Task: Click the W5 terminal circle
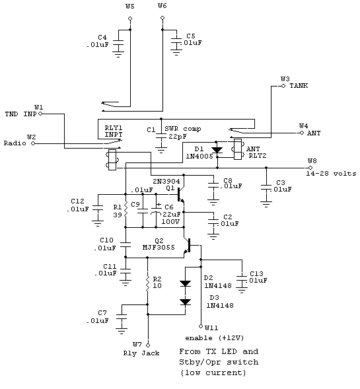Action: tap(129, 18)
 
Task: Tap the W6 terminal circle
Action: tap(162, 18)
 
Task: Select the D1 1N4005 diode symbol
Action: tap(217, 150)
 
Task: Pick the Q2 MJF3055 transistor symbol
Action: tap(188, 246)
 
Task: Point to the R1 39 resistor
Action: tap(126, 209)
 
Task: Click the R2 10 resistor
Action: tap(147, 283)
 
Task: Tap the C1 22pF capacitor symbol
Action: tap(161, 137)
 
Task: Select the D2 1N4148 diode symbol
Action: tap(186, 283)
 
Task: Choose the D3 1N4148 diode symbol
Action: tap(186, 302)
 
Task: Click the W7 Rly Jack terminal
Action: tap(148, 345)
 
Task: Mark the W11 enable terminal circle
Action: tap(201, 326)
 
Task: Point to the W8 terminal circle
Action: tap(310, 168)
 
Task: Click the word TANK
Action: tap(299, 86)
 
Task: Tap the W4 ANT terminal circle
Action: tap(302, 133)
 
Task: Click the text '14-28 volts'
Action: tap(331, 174)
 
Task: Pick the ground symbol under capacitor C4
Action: tap(118, 55)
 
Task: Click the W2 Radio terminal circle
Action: tap(33, 143)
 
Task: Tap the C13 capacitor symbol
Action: tap(242, 279)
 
